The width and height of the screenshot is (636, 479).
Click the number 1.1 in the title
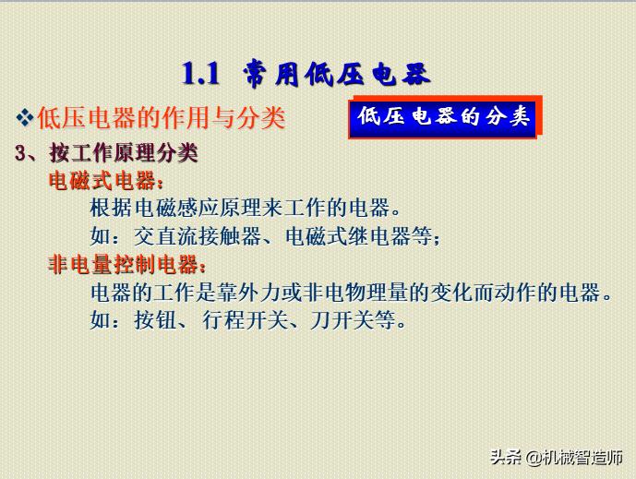click(200, 73)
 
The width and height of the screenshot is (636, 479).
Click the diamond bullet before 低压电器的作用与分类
click(26, 117)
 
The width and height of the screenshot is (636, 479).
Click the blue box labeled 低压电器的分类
click(443, 116)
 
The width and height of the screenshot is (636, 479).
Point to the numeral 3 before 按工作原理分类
click(21, 153)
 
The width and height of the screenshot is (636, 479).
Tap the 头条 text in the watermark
click(504, 457)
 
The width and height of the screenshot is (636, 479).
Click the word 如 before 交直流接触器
click(100, 236)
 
